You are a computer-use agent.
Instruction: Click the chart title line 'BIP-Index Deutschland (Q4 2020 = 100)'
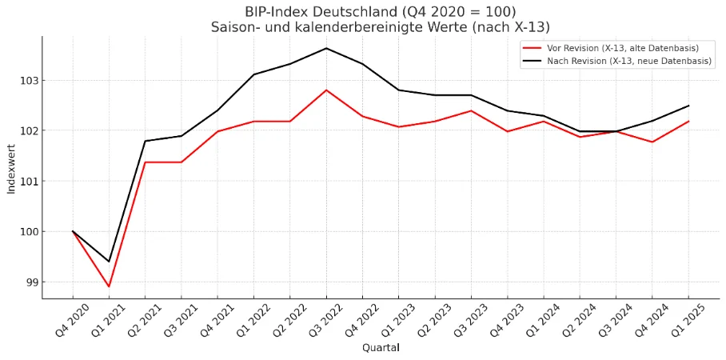pos(381,11)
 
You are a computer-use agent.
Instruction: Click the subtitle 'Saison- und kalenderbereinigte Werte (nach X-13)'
pos(381,26)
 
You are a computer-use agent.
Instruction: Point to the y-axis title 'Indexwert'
pos(11,166)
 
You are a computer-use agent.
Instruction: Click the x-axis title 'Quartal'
pos(381,347)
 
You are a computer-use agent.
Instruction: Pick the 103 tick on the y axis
pos(30,81)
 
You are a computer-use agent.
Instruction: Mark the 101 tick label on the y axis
pos(30,182)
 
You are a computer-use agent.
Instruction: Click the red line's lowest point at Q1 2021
pos(109,286)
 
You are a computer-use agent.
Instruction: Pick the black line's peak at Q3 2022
pos(326,48)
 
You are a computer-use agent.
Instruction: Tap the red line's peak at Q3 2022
pos(326,90)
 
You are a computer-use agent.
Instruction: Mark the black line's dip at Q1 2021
pos(109,262)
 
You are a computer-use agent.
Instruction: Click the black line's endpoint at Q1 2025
pos(688,106)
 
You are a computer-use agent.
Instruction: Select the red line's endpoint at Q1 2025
pos(688,121)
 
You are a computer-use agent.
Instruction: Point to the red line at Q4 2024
pos(652,142)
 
